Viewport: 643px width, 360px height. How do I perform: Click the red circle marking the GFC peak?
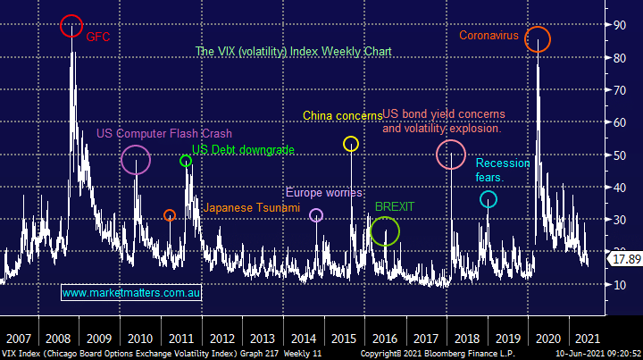click(71, 26)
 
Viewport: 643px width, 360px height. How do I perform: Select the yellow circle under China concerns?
click(351, 144)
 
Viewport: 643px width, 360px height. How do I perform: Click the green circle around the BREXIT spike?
click(384, 232)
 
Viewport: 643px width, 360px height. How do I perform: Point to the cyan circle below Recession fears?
click(488, 199)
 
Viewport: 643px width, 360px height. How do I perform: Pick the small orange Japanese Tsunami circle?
click(170, 215)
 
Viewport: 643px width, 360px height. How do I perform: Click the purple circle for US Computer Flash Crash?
click(136, 161)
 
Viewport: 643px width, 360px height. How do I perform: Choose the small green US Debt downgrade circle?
click(186, 161)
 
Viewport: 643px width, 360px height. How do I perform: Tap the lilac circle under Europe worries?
click(316, 215)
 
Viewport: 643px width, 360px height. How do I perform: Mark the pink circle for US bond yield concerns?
click(451, 155)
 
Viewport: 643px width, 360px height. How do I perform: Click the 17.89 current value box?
click(622, 259)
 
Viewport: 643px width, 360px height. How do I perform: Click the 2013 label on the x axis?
click(262, 339)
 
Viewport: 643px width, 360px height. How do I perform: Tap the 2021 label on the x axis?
click(586, 339)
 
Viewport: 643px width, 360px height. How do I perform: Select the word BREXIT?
click(396, 206)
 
